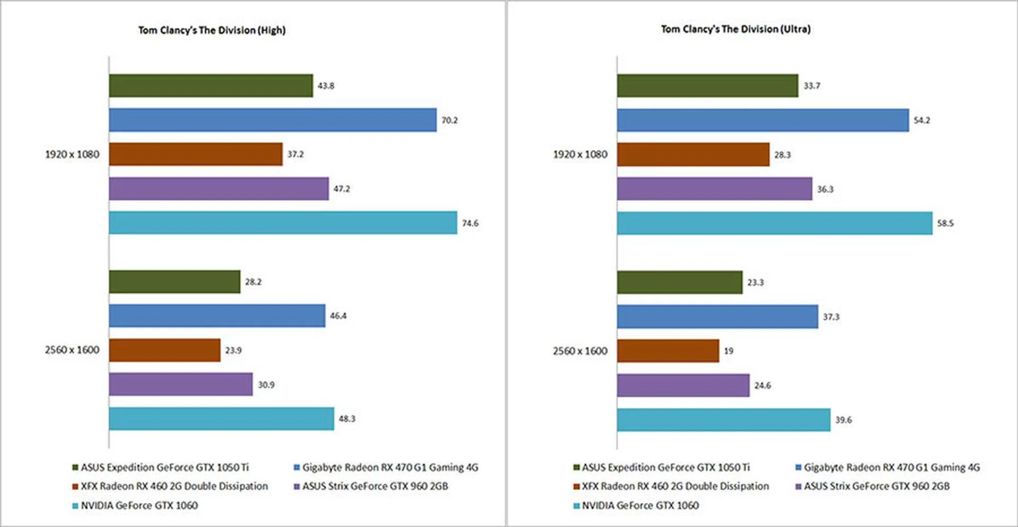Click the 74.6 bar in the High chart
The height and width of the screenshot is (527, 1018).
tap(283, 223)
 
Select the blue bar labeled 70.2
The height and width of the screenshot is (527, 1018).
tap(273, 120)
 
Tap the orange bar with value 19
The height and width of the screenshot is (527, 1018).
tap(668, 351)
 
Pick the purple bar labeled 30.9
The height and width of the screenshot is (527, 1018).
tap(180, 384)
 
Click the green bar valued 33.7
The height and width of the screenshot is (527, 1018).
tap(707, 85)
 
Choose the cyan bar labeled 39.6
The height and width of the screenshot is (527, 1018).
tap(723, 420)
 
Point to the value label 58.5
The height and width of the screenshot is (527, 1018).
tap(945, 223)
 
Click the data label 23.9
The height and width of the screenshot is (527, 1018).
tap(233, 350)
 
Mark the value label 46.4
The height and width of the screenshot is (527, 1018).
tap(338, 316)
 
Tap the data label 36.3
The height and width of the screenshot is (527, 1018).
tap(825, 189)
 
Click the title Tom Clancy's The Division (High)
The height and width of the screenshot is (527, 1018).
tap(212, 30)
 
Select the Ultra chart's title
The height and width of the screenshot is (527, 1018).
tap(735, 29)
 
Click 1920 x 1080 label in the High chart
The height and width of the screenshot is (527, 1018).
tap(72, 154)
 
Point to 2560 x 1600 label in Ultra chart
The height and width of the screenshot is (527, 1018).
tap(580, 351)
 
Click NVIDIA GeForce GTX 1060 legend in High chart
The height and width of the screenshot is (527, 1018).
tap(139, 506)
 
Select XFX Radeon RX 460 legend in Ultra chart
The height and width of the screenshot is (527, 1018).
tap(675, 486)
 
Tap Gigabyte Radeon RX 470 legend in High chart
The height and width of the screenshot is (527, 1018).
tap(390, 468)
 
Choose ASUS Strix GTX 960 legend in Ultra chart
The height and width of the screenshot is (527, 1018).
tap(876, 486)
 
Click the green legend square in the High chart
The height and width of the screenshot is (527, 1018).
tap(75, 468)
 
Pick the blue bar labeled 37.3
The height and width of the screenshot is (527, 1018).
tap(717, 317)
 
